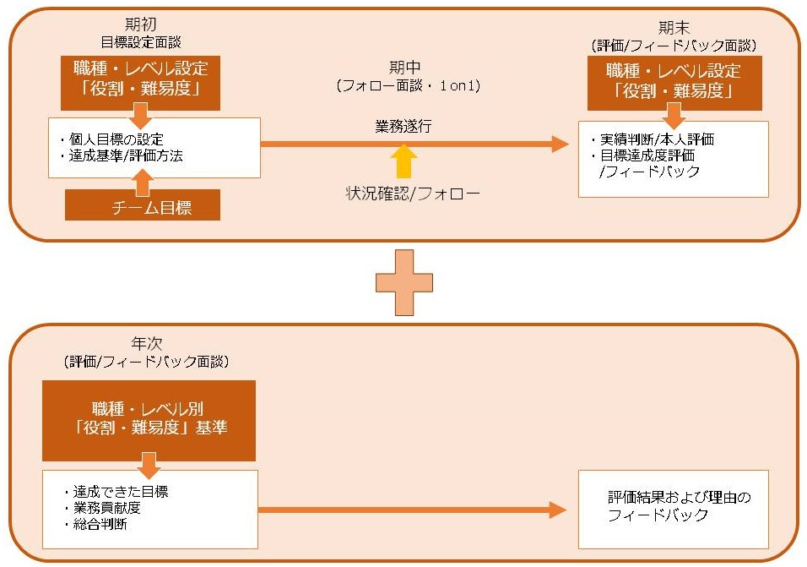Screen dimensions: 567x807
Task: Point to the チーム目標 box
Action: tap(142, 205)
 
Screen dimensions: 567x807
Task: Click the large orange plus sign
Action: tap(403, 282)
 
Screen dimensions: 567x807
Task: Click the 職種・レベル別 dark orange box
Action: tap(149, 420)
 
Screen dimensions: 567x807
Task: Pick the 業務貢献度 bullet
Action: tap(109, 508)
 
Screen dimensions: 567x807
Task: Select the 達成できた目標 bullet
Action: tap(116, 492)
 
